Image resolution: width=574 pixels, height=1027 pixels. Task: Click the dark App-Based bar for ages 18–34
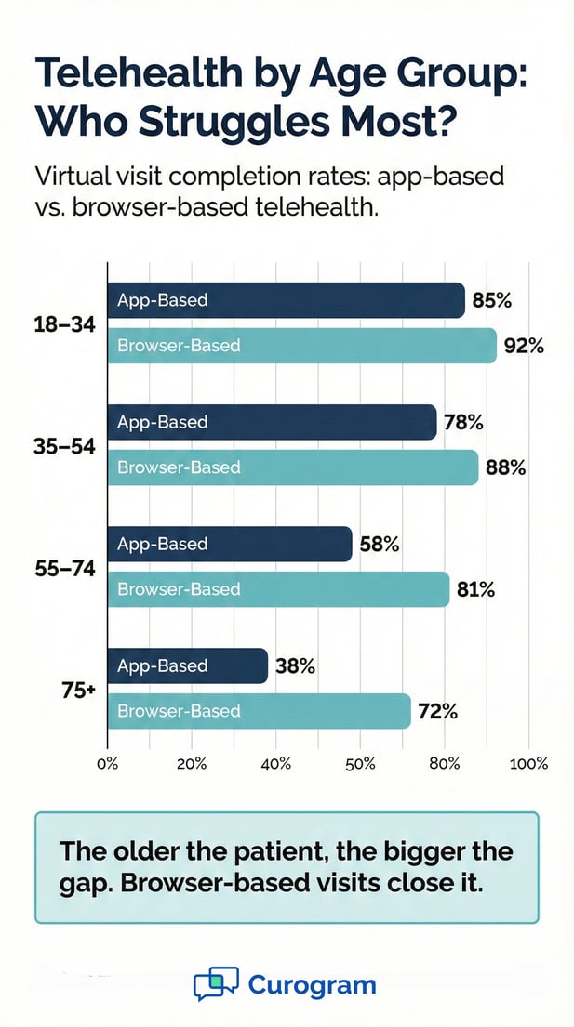[286, 300]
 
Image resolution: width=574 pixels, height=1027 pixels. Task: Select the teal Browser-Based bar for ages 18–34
[301, 346]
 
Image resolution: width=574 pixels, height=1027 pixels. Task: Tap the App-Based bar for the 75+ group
[187, 665]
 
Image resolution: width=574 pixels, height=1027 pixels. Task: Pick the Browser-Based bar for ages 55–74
[278, 589]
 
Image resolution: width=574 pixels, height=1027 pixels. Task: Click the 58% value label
[380, 545]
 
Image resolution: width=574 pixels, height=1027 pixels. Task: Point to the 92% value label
[524, 347]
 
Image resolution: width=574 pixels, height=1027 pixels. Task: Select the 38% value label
[296, 666]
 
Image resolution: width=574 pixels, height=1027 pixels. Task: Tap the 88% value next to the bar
[506, 468]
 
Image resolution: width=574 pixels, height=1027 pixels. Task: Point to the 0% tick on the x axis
[108, 764]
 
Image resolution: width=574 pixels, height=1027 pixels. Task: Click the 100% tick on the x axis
[528, 764]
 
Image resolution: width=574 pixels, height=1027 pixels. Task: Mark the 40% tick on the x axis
[276, 764]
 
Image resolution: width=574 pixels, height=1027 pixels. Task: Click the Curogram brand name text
[312, 985]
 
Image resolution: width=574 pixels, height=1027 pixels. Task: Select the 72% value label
[438, 712]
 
